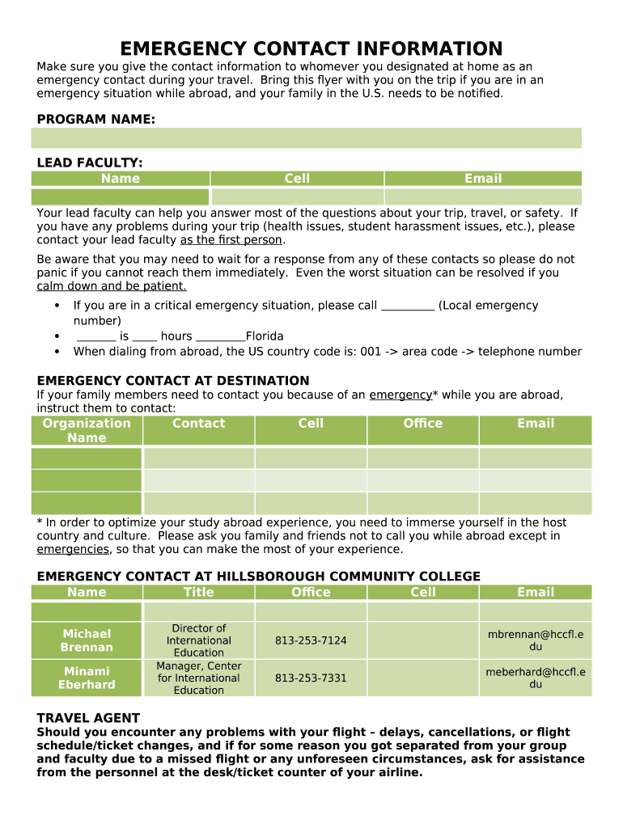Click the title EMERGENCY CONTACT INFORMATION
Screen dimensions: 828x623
[x=311, y=49]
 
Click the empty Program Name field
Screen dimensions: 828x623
[x=306, y=137]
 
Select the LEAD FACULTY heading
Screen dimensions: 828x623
[x=90, y=163]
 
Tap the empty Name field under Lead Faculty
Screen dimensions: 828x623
[x=120, y=196]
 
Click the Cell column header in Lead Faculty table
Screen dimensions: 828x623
[x=297, y=179]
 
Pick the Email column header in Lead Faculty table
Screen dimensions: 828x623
[x=483, y=179]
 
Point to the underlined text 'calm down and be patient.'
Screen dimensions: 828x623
[x=112, y=286]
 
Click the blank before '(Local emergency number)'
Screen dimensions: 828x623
[x=407, y=306]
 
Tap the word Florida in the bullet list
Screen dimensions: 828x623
[x=265, y=336]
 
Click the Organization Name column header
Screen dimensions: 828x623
[x=87, y=430]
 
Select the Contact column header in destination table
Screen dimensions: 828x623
[x=199, y=424]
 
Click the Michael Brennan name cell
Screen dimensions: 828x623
[x=87, y=640]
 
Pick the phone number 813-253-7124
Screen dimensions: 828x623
[x=311, y=640]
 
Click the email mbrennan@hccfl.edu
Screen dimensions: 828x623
[x=536, y=640]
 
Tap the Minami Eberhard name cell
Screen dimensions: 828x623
[x=87, y=678]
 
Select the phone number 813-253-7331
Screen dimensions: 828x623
[x=311, y=678]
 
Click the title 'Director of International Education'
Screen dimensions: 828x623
[x=199, y=640]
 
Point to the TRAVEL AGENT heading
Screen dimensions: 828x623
[x=88, y=718]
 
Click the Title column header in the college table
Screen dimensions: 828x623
[x=199, y=593]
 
